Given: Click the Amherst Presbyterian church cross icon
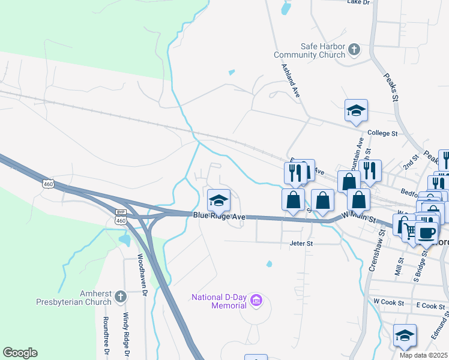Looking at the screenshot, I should pos(120,296).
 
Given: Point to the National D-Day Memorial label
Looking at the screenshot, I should pos(220,301).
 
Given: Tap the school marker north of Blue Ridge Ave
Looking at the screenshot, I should pos(218,200).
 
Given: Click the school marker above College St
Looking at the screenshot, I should pos(356,111).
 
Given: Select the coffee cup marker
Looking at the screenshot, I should pos(427,233).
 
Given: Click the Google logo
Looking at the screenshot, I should pos(20,353).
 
